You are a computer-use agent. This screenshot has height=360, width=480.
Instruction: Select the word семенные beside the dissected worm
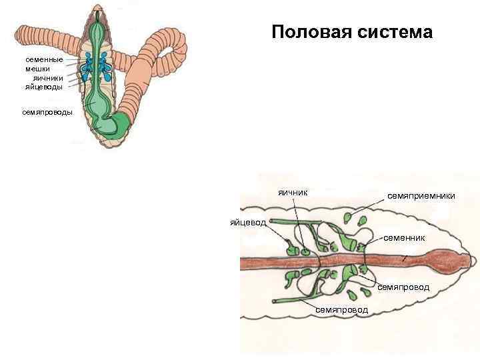point(44,60)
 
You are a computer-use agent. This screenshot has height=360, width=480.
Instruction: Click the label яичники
point(48,78)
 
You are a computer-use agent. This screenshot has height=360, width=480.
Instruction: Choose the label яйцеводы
point(44,87)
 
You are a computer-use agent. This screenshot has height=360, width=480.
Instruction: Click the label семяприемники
point(421,195)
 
